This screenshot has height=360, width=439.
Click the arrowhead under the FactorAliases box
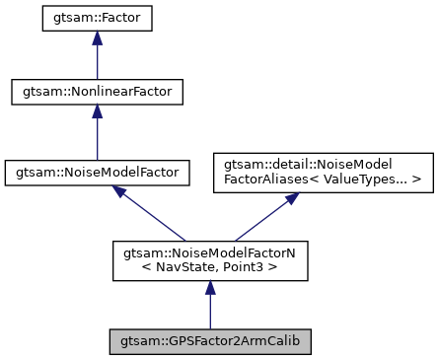pyautogui.click(x=291, y=197)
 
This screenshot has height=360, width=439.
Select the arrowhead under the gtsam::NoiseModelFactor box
pyautogui.click(x=120, y=192)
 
